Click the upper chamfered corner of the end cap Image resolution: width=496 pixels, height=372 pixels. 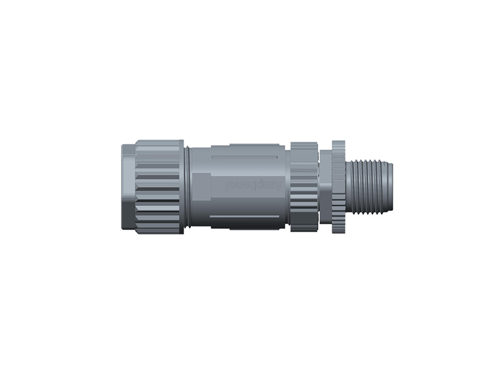(126, 149)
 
